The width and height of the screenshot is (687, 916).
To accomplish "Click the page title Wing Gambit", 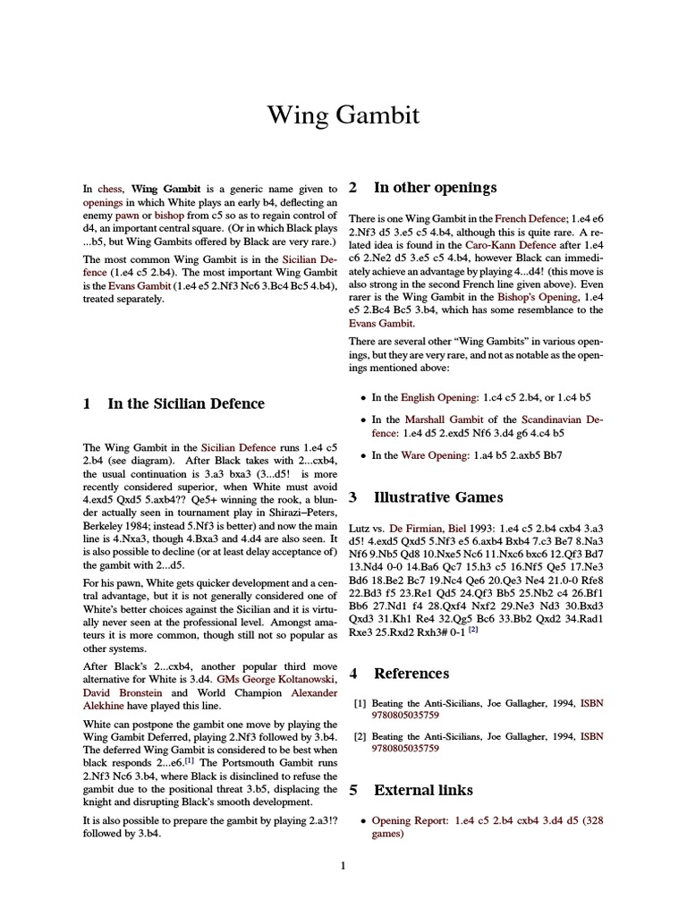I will pyautogui.click(x=343, y=115).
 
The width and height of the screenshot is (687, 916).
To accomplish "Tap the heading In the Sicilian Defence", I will pyautogui.click(x=186, y=403).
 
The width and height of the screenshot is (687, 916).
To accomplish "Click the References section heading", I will pyautogui.click(x=411, y=673).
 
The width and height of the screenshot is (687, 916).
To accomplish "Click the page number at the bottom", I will pyautogui.click(x=343, y=865).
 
